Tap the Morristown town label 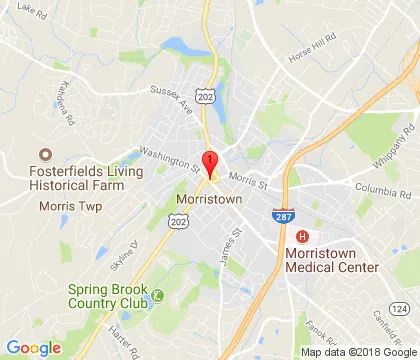click(x=211, y=199)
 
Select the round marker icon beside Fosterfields click(x=44, y=155)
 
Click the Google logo click(x=33, y=348)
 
